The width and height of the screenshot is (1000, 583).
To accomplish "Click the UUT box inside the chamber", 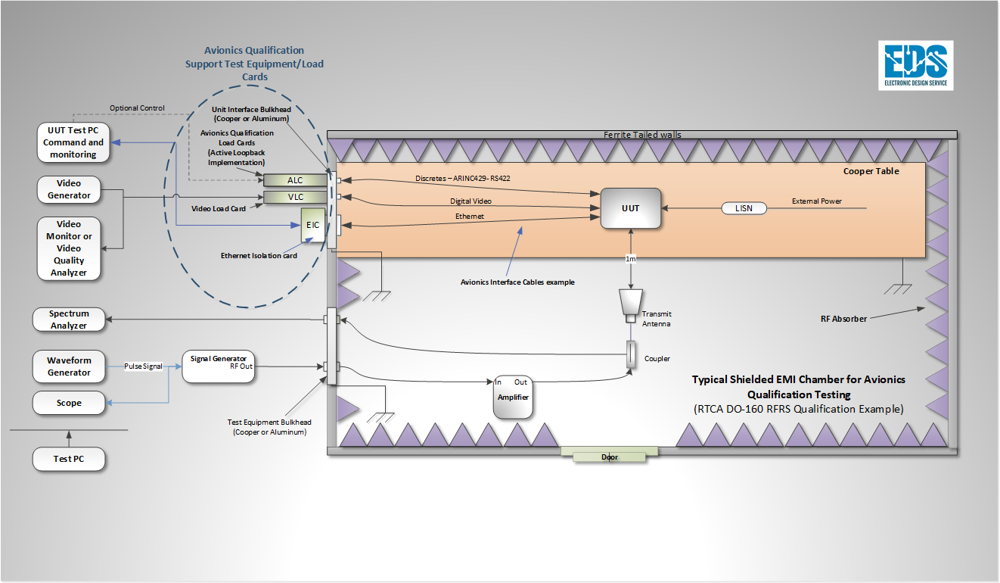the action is tap(630, 208).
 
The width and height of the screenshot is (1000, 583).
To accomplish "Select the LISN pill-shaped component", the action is tap(744, 208).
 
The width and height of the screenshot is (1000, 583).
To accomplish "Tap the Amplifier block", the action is tap(513, 397).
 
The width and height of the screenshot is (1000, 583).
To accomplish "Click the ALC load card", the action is tap(295, 180).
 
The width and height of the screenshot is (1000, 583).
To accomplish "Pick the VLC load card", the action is tap(295, 197).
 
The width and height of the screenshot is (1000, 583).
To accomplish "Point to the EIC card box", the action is tap(313, 225).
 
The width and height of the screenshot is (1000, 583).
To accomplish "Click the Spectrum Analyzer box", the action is tap(69, 320).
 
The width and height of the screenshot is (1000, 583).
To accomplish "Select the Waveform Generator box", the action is tap(69, 366).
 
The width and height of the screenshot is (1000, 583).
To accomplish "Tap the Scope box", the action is tap(69, 403).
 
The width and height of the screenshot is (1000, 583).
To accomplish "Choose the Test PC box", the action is tap(69, 459).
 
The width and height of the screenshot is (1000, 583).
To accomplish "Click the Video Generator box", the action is tap(69, 189).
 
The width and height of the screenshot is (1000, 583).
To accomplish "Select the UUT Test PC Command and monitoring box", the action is tap(73, 142).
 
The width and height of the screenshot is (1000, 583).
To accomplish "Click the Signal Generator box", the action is tap(219, 366).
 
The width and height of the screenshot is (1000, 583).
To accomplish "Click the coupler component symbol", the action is tap(631, 354).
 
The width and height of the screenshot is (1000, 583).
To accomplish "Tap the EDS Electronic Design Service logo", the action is tap(915, 66).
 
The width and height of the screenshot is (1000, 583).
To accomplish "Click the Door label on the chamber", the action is tap(610, 457).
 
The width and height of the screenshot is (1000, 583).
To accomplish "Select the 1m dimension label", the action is tap(630, 259).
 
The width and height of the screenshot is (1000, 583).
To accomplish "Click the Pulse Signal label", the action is tap(143, 366).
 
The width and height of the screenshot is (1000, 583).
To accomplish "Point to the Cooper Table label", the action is tap(871, 171).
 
